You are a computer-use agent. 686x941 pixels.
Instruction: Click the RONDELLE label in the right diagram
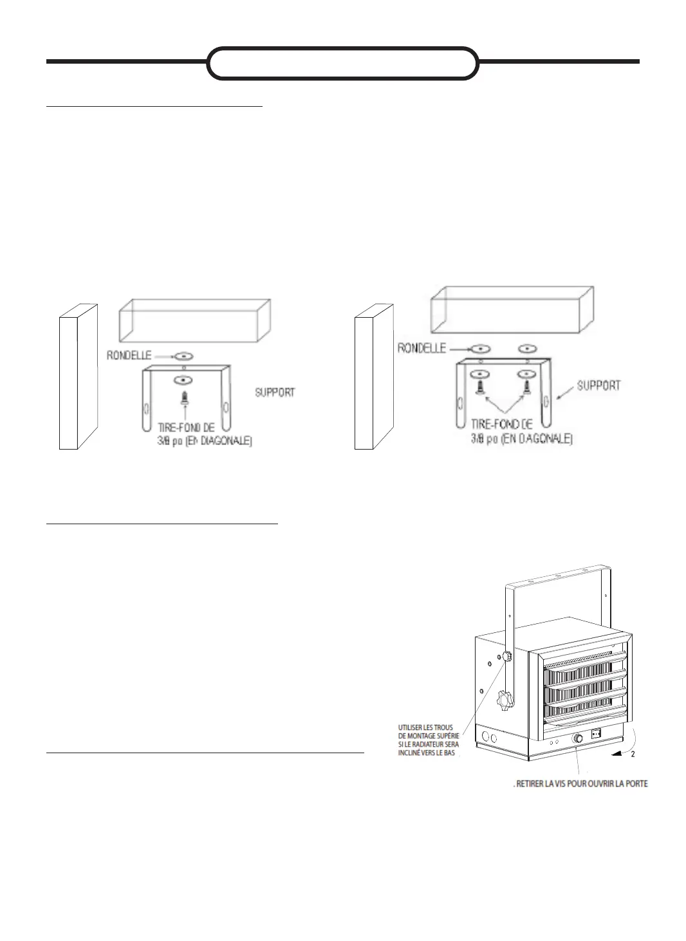coord(422,348)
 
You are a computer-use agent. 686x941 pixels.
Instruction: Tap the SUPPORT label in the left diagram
coord(275,392)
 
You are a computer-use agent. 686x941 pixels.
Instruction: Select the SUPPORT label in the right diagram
coord(598,385)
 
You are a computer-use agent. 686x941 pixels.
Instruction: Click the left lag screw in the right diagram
coord(480,387)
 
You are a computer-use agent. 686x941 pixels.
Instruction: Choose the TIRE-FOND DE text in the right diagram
coord(502,424)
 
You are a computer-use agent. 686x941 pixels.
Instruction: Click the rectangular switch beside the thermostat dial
coord(597,732)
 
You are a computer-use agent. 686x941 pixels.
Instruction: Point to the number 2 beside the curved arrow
coord(633,754)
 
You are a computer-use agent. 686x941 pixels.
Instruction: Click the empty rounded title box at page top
coord(343,63)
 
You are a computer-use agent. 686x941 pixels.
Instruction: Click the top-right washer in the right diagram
coord(528,348)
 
